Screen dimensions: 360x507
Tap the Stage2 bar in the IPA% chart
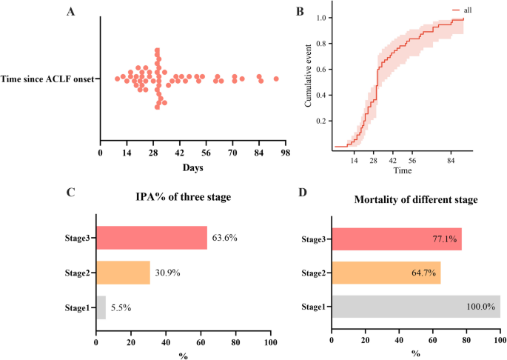click(x=123, y=273)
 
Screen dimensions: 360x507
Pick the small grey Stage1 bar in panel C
click(x=101, y=306)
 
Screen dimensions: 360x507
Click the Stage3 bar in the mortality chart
click(x=396, y=240)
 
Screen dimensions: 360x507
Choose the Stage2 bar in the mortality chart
click(x=386, y=273)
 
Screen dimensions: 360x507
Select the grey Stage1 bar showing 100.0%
click(x=415, y=306)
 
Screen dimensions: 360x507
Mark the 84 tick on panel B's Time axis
click(x=449, y=159)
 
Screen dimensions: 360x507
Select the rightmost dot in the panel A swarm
click(x=275, y=79)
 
